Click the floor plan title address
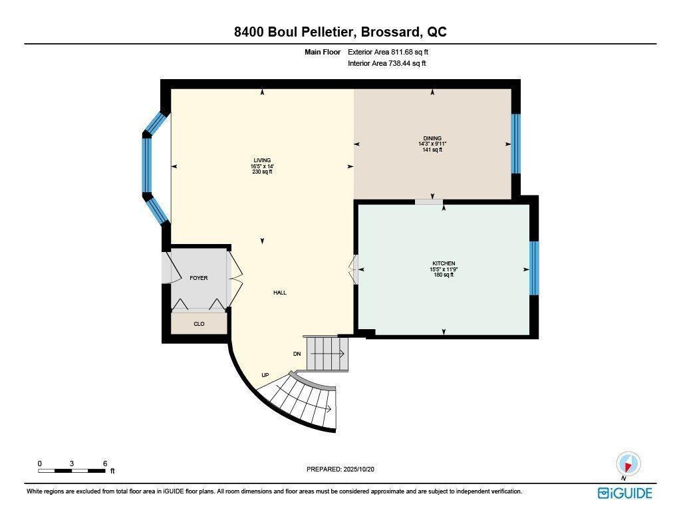pos(340,32)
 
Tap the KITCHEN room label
pos(443,263)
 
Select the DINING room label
pos(432,138)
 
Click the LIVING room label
pos(262,160)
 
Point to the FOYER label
pos(198,278)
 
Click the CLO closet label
pos(198,324)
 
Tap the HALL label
pos(279,293)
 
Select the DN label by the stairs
pos(297,354)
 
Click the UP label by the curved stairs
pos(265,375)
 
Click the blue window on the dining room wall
pos(515,144)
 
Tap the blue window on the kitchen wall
pos(533,268)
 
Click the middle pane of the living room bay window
pos(147,166)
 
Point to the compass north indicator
pos(627,463)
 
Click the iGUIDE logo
pos(624,493)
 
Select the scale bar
pos(72,471)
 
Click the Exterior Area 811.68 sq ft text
pos(393,52)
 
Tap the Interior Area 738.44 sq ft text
pos(386,64)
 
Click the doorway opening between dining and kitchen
pos(429,201)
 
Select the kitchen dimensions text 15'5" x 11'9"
pos(443,269)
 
